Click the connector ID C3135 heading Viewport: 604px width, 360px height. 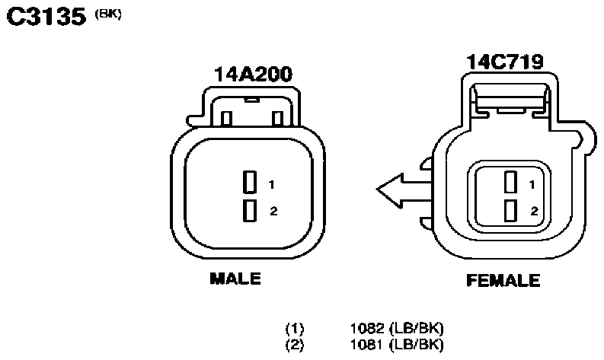(x=46, y=17)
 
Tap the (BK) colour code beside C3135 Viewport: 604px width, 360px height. (x=108, y=14)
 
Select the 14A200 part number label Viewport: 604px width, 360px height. (x=253, y=75)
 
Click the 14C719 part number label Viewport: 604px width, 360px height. (x=505, y=62)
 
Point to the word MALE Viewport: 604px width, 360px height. (x=235, y=279)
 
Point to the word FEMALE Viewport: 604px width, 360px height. (x=503, y=280)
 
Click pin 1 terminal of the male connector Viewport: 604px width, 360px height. (x=250, y=182)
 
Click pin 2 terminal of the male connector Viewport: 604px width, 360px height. (x=250, y=211)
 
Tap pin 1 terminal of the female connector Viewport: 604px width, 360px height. (x=511, y=182)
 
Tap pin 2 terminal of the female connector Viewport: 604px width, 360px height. (x=511, y=210)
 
